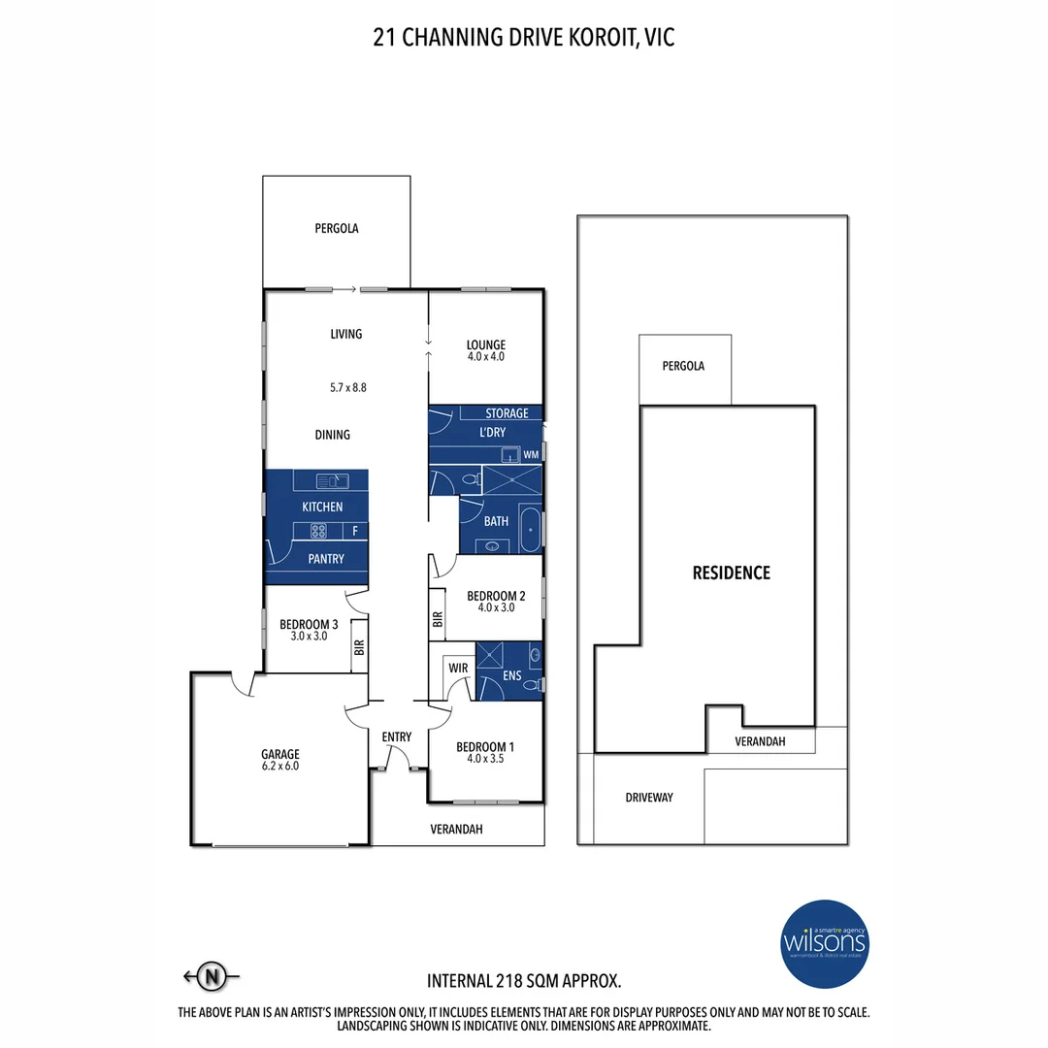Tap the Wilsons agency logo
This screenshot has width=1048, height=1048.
(826, 941)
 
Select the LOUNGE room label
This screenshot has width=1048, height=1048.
(485, 344)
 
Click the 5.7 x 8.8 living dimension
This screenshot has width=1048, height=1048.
(347, 387)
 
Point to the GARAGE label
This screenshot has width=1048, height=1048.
(279, 754)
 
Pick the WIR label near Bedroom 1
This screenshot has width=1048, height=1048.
(456, 669)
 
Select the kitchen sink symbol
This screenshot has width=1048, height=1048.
(332, 479)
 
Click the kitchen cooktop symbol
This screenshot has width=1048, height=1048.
(320, 530)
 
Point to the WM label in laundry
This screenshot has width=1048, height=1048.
(530, 454)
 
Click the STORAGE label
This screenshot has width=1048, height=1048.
(507, 413)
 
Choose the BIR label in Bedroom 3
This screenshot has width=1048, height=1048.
(358, 647)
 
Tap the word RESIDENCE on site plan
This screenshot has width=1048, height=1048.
(731, 573)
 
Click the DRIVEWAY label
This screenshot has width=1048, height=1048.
(648, 798)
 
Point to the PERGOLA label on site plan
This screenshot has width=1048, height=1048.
(683, 367)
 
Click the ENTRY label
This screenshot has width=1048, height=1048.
(396, 737)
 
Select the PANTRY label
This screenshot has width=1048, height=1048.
(325, 559)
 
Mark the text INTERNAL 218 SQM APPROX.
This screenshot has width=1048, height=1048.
(524, 980)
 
